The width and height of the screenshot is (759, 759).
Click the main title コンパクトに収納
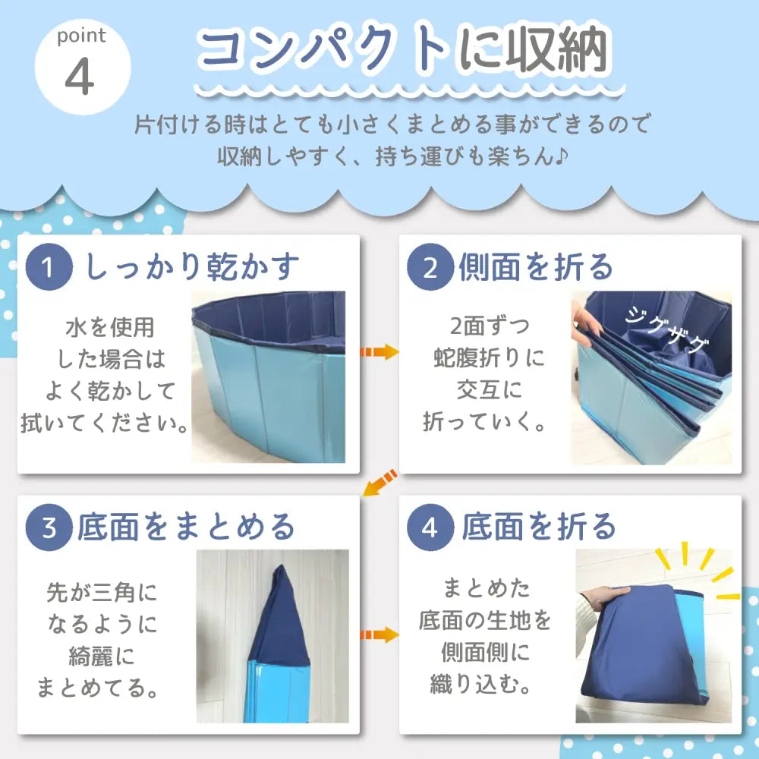402,52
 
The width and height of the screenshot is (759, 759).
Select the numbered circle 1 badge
49,269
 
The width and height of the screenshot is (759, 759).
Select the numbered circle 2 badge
430,269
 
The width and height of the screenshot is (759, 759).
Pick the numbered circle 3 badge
49,528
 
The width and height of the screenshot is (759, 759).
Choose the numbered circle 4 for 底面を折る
430,528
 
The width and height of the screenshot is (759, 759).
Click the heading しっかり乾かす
194,267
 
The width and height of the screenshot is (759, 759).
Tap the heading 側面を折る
536,267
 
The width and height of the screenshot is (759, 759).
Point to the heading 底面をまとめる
185,527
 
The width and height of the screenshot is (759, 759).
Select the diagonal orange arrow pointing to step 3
379,483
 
